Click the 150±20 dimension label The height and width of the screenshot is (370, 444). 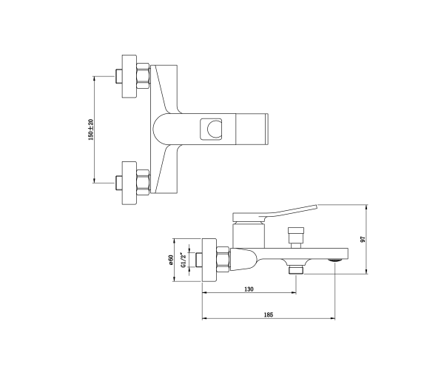(x=91, y=129)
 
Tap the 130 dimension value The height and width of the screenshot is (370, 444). (x=249, y=289)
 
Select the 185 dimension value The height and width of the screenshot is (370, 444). (x=269, y=314)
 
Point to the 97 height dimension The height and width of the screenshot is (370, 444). (x=363, y=239)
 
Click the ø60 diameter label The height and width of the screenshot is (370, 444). (x=171, y=260)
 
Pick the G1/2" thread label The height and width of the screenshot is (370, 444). (x=183, y=260)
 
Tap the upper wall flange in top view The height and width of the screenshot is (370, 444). (x=129, y=76)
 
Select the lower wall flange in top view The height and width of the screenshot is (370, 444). (x=129, y=184)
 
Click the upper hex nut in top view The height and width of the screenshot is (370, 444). (x=143, y=76)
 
